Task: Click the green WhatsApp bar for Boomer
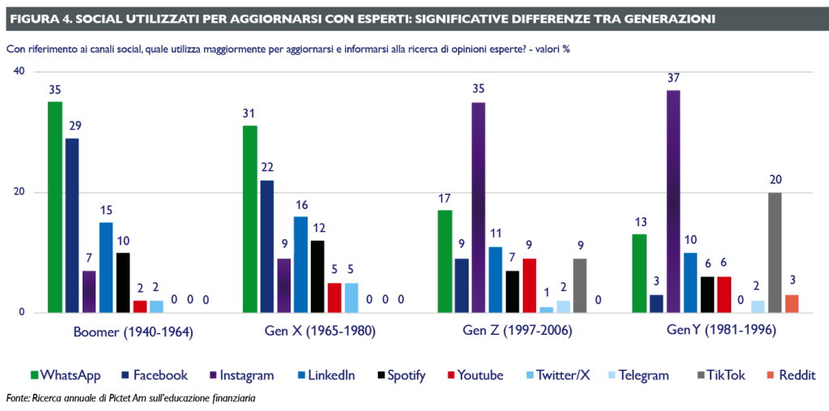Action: click(x=55, y=207)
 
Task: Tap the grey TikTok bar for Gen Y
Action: click(x=775, y=252)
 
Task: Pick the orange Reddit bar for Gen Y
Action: click(x=792, y=303)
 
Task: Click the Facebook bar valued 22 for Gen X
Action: click(x=266, y=246)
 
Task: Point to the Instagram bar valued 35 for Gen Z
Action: click(x=478, y=207)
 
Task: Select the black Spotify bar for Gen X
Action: click(x=317, y=276)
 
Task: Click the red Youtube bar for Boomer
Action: click(x=140, y=306)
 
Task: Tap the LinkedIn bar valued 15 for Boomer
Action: click(x=106, y=268)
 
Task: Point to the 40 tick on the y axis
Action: click(x=19, y=71)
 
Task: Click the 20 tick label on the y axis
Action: click(x=19, y=192)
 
